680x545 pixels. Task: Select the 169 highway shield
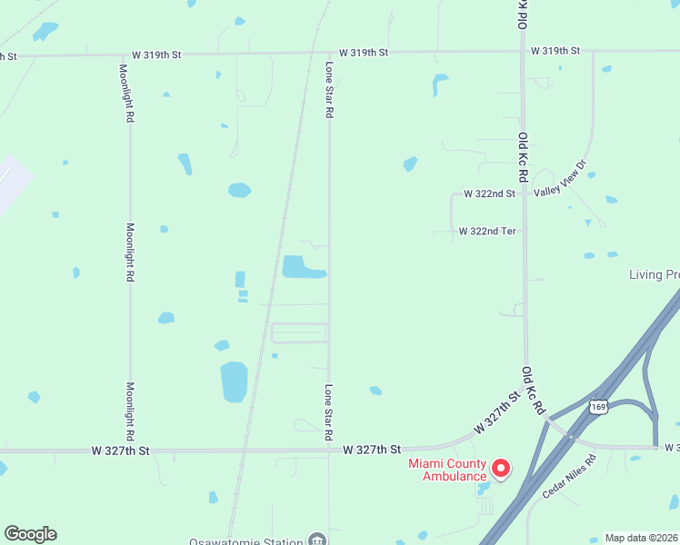click(597, 403)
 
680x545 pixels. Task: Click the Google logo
click(30, 534)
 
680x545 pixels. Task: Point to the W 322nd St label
click(489, 194)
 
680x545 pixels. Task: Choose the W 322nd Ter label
click(487, 232)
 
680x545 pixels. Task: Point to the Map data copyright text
click(642, 538)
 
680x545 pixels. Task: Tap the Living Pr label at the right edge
click(655, 274)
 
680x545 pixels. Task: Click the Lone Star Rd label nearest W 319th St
click(330, 90)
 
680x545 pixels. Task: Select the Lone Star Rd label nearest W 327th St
click(329, 412)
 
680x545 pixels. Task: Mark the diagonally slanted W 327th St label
click(495, 413)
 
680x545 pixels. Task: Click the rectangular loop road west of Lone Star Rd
click(299, 333)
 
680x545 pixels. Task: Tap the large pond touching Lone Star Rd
click(302, 267)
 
